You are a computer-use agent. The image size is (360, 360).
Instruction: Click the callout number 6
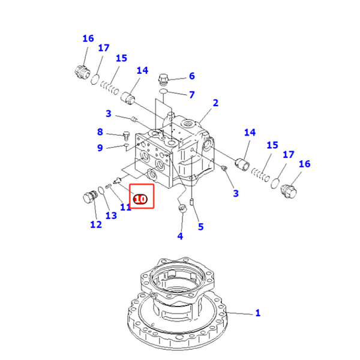click(x=192, y=76)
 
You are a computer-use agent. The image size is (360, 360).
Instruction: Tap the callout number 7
click(x=192, y=95)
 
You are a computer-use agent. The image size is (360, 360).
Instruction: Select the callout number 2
click(x=215, y=103)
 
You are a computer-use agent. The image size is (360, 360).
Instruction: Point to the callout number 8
click(x=100, y=132)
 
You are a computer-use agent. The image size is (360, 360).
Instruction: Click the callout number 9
click(x=100, y=148)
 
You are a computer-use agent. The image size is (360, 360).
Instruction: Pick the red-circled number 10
click(x=140, y=199)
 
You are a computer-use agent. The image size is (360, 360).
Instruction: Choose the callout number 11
click(x=125, y=207)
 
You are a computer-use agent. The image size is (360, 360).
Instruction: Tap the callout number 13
click(x=111, y=215)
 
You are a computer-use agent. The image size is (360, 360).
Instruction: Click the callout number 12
click(x=96, y=225)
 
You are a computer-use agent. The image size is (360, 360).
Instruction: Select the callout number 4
click(x=180, y=236)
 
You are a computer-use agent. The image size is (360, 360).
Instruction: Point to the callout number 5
click(x=200, y=227)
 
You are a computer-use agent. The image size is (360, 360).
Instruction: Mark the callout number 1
click(x=257, y=313)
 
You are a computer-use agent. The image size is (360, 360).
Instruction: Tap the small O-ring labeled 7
click(x=165, y=92)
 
